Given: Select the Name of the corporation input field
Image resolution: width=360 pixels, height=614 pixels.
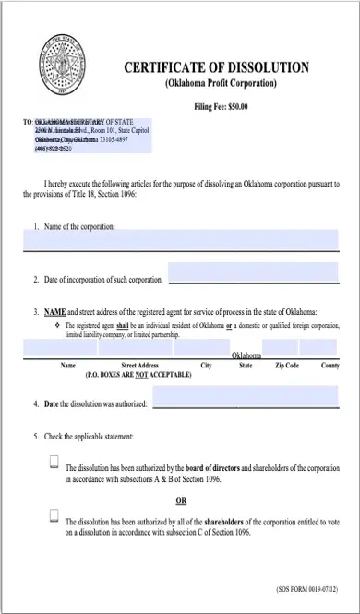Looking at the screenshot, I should [180, 240].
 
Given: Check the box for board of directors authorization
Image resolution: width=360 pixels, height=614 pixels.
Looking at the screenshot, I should [54, 462].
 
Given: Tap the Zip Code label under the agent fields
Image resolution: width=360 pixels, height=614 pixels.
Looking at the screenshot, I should [286, 366].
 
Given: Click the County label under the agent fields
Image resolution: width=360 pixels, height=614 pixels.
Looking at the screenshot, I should [330, 366].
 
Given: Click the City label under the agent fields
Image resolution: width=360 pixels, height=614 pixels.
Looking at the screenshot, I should [207, 366].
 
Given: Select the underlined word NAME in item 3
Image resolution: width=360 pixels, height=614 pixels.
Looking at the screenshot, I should [54, 312].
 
